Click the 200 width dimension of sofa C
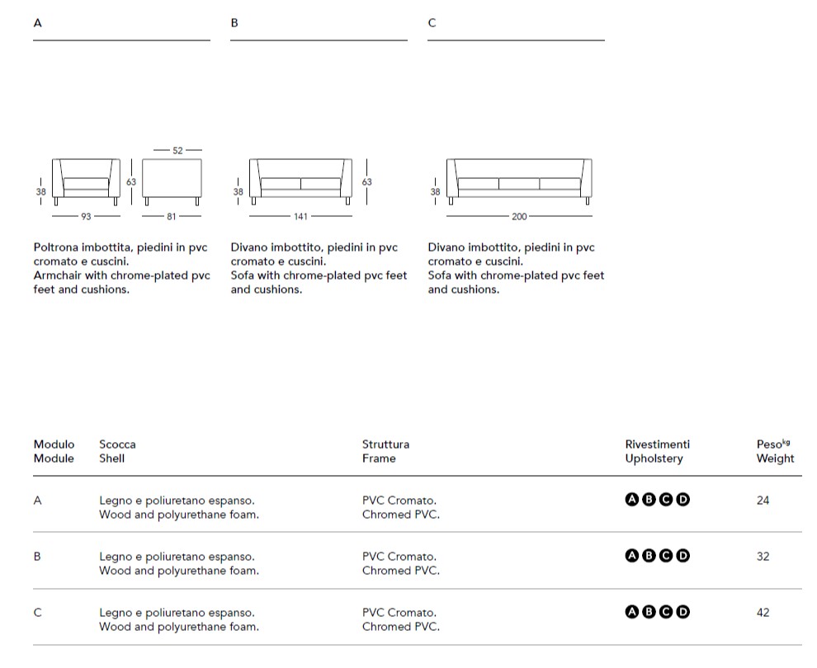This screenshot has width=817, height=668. (x=518, y=217)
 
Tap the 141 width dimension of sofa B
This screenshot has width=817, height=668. (x=300, y=217)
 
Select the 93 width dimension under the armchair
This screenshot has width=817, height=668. (x=86, y=217)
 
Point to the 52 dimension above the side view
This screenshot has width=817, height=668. (x=177, y=151)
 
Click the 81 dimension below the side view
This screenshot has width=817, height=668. (x=172, y=217)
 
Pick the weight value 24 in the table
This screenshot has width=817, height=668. (x=763, y=500)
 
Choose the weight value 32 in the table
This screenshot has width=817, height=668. (x=763, y=556)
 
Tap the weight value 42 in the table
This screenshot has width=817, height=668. (x=763, y=612)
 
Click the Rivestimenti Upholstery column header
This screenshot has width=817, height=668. (x=657, y=451)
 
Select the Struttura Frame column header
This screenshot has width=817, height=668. (x=385, y=451)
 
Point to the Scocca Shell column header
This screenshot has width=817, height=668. (x=117, y=451)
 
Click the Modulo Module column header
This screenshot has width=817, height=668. (x=54, y=451)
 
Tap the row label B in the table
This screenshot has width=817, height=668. (x=37, y=556)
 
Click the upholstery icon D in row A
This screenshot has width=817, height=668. (x=682, y=500)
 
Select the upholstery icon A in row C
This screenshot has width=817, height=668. (x=632, y=612)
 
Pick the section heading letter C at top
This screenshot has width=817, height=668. (x=432, y=23)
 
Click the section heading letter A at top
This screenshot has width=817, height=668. (x=37, y=23)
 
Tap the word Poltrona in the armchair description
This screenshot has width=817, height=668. (x=57, y=247)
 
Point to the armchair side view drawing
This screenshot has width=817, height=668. (x=172, y=179)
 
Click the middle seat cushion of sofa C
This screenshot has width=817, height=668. (x=518, y=183)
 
